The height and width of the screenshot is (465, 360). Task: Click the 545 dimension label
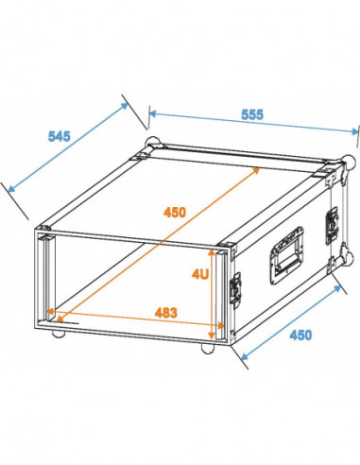tap(59, 135)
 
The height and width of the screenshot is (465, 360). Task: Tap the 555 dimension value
tap(250, 114)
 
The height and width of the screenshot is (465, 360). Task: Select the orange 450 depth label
tap(175, 213)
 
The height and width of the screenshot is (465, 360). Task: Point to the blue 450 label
tap(300, 335)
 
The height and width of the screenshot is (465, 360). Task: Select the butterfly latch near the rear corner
tap(332, 224)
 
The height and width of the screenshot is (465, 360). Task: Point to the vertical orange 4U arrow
tap(210, 292)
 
